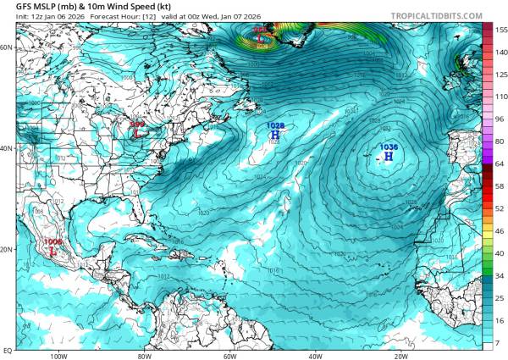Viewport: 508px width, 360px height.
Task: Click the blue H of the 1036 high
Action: coord(388,156)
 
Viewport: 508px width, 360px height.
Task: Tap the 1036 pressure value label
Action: coord(389,147)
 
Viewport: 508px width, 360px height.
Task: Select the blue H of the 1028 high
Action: coord(275,134)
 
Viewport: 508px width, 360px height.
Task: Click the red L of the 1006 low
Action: coord(53,251)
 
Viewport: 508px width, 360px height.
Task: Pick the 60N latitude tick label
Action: coord(8,48)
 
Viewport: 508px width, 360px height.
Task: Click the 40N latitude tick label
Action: coord(8,149)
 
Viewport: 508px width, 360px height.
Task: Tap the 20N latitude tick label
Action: coord(8,250)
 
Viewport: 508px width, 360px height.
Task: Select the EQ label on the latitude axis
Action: coord(8,349)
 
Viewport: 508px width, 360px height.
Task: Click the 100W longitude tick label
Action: coord(58,356)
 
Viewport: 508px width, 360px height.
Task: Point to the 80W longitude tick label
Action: coord(143,356)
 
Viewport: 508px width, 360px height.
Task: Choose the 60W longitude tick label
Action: coord(229,356)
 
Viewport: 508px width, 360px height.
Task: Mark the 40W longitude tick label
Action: coord(315,356)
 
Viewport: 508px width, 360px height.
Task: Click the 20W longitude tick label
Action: coord(400,356)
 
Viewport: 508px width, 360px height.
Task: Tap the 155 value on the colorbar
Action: coord(489,29)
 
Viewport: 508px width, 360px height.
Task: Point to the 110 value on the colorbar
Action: coord(489,97)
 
